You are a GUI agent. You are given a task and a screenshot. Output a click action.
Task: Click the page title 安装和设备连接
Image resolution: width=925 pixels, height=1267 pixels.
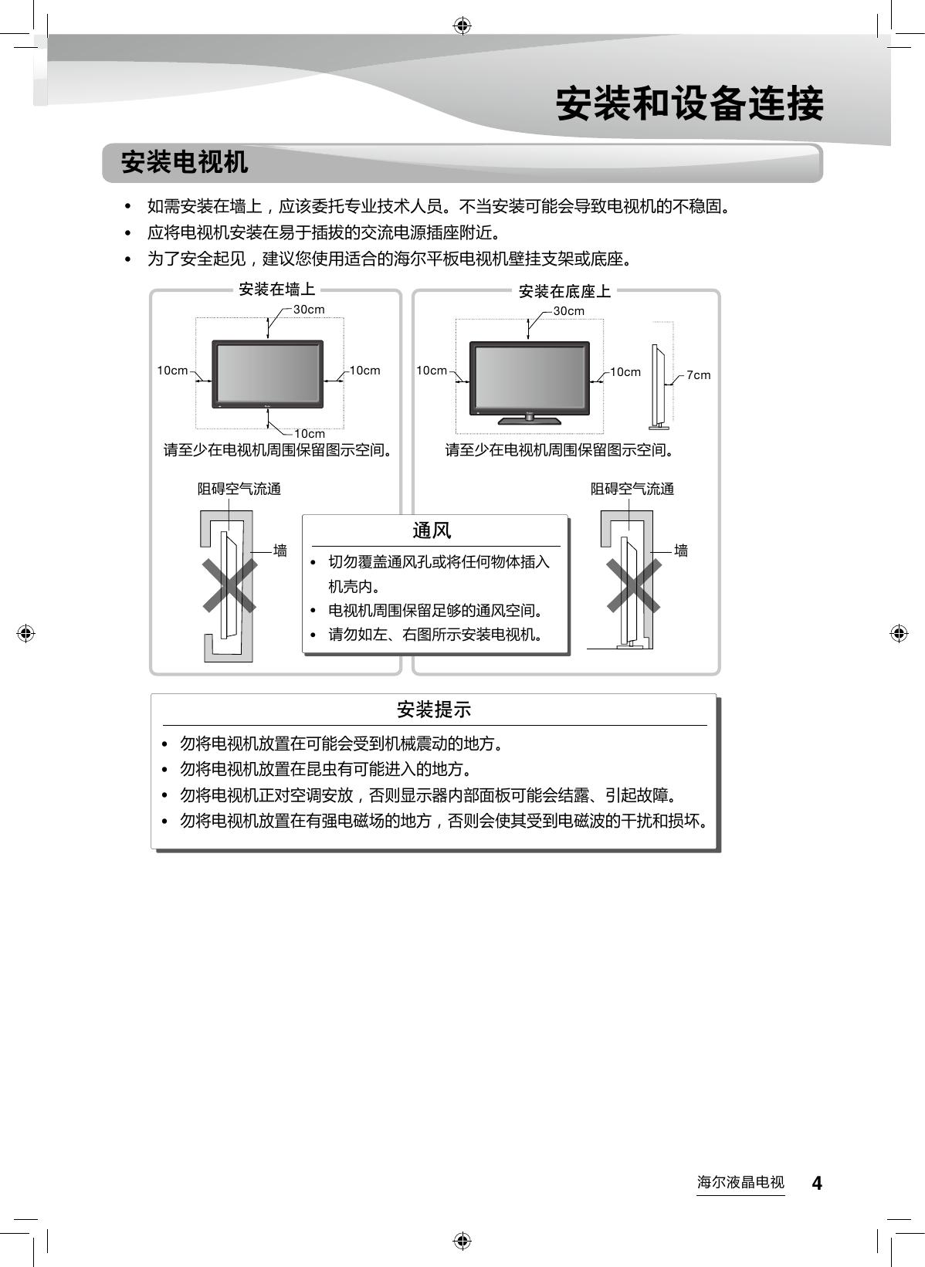[x=690, y=104]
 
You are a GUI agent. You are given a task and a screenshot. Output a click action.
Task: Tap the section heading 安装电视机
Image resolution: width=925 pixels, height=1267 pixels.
[x=185, y=163]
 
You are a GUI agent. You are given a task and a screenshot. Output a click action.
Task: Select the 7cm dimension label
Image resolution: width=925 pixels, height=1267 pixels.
[x=698, y=375]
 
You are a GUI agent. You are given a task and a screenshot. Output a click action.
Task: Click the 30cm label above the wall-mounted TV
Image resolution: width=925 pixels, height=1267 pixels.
[x=309, y=310]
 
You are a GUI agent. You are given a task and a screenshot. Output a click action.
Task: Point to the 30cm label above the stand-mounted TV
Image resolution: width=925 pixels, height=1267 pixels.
[x=569, y=311]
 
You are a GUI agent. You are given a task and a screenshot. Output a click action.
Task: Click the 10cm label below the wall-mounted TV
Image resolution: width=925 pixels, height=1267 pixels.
[x=309, y=434]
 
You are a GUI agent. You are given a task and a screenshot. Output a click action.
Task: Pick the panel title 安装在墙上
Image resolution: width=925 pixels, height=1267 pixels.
[x=277, y=290]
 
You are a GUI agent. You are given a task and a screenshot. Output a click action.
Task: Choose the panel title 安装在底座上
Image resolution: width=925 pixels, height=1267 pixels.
[x=564, y=291]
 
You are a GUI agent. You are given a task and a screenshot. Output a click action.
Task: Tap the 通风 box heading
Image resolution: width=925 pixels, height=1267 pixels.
[x=432, y=530]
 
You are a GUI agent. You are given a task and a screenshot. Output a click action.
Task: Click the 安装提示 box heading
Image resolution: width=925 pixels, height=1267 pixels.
[x=433, y=710]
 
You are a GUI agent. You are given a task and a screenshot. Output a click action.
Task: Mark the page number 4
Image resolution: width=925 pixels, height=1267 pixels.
[x=816, y=1183]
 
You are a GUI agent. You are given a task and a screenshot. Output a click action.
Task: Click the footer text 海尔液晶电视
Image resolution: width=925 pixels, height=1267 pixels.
[x=740, y=1183]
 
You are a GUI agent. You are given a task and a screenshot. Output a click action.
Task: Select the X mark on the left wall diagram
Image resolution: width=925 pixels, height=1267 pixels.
[x=230, y=585]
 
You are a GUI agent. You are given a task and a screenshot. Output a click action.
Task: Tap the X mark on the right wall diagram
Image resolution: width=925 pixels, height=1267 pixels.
[x=633, y=585]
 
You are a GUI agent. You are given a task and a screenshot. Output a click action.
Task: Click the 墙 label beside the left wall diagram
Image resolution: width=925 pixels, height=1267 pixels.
[x=280, y=551]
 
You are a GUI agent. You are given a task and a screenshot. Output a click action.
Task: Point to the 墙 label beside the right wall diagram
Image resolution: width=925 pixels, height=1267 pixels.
[x=681, y=551]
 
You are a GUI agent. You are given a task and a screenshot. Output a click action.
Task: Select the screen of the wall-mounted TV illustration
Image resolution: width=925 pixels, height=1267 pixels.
[x=268, y=374]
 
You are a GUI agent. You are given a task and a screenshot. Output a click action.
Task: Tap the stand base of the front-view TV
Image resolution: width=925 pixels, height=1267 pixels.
[x=529, y=420]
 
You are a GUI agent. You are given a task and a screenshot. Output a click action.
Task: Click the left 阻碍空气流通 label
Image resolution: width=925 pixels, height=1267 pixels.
[x=239, y=489]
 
